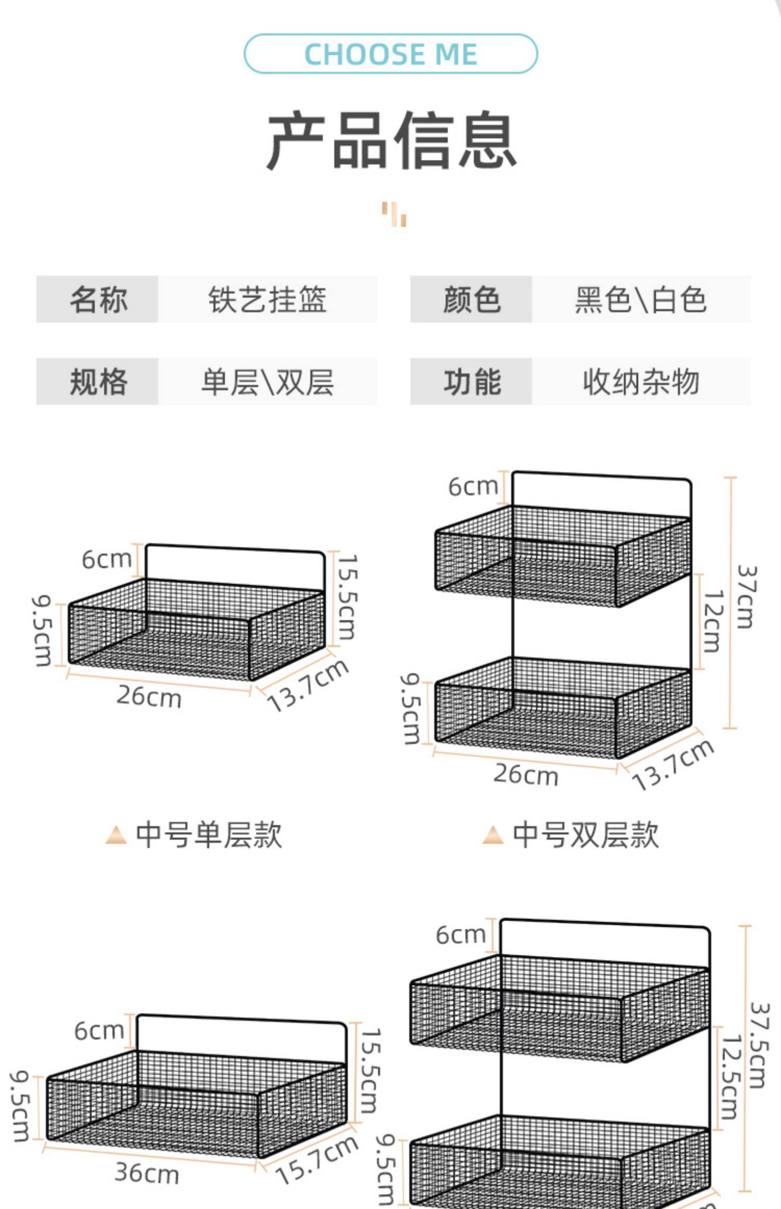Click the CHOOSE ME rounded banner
[x=391, y=54]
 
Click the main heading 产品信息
[x=392, y=141]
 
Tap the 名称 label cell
[x=97, y=299]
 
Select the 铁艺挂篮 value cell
[x=267, y=299]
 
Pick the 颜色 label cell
[x=471, y=299]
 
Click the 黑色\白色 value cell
[x=640, y=299]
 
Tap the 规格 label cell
[x=97, y=382]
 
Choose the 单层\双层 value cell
[x=267, y=382]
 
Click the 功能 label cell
[x=471, y=382]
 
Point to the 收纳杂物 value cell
[x=640, y=382]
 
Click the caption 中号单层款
[x=208, y=835]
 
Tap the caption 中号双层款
[x=585, y=835]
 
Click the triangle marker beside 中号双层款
[x=493, y=835]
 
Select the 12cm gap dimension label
[x=713, y=621]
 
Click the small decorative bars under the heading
[x=394, y=214]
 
